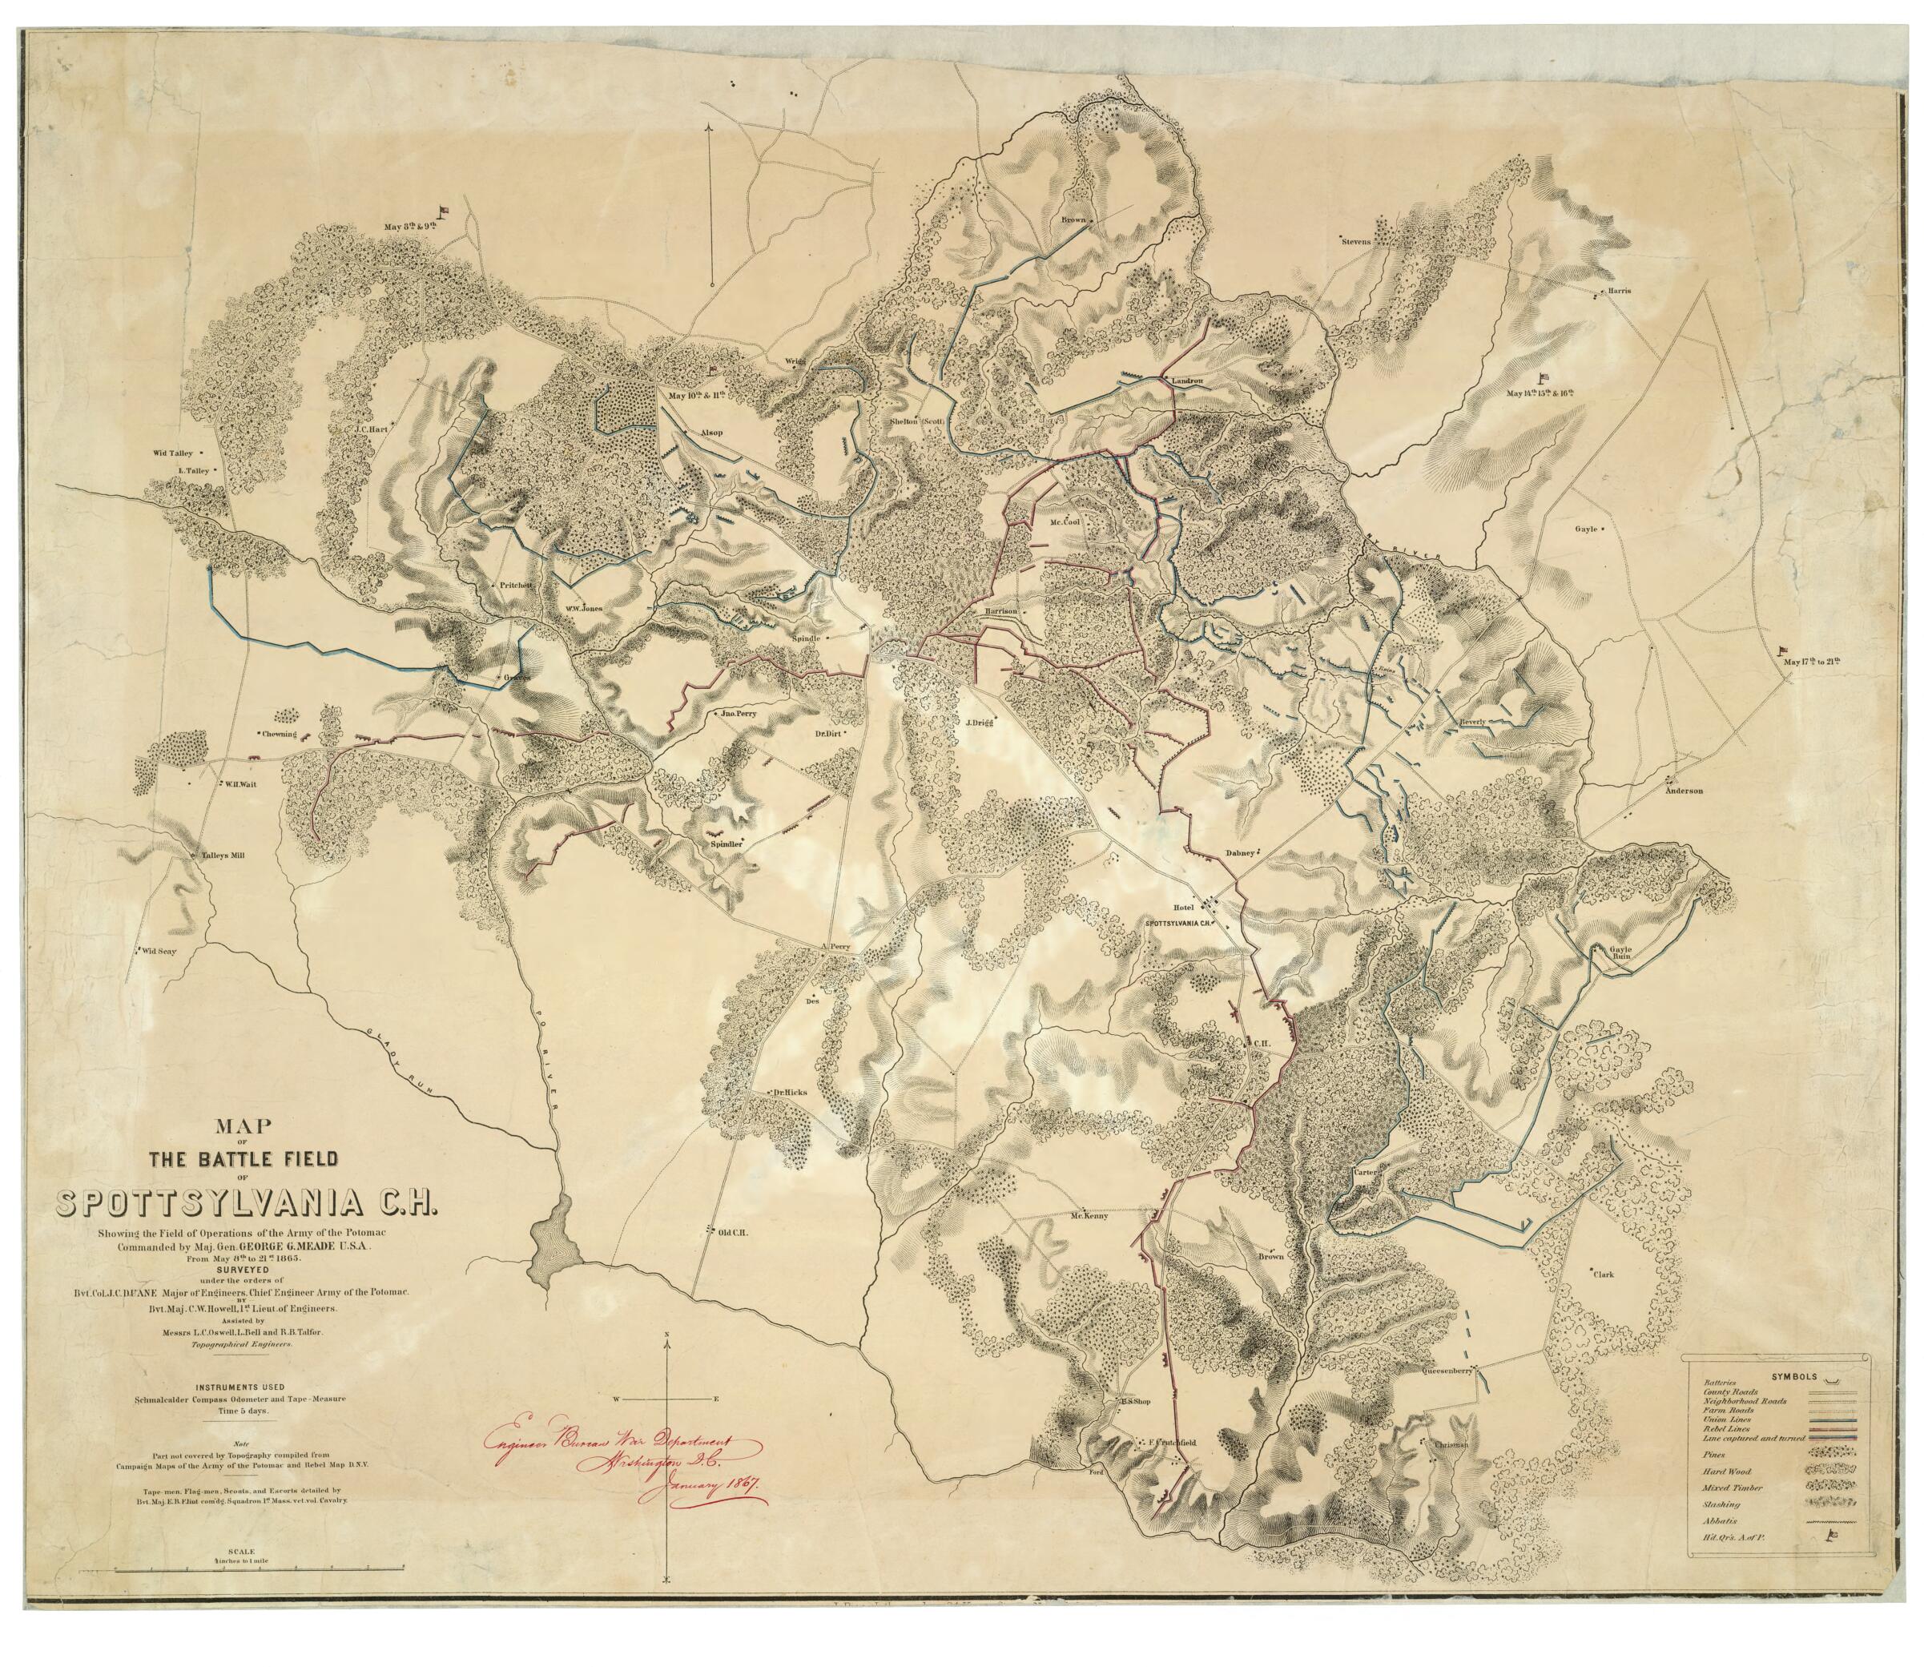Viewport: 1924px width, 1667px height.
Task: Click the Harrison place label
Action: click(x=1003, y=611)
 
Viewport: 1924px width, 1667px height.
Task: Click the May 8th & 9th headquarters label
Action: click(x=409, y=226)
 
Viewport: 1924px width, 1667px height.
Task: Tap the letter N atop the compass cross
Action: click(x=667, y=1336)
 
